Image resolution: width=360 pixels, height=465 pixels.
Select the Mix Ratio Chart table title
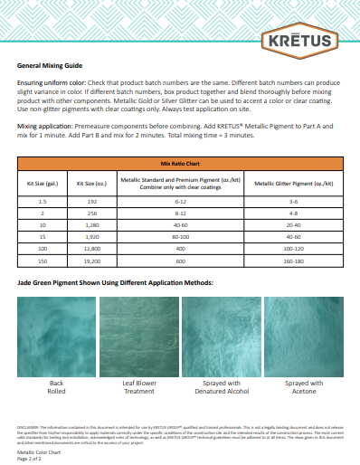[x=179, y=165]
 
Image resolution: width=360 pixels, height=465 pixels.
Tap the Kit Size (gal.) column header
[x=43, y=182]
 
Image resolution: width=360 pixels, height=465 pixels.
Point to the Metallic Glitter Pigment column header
[x=293, y=182]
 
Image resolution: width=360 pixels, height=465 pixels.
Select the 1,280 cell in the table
[x=91, y=223]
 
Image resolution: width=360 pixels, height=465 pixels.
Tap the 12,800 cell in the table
[x=91, y=246]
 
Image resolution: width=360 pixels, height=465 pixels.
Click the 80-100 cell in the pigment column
[x=180, y=234]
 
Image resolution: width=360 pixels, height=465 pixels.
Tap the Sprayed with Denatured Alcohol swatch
[x=221, y=336]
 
